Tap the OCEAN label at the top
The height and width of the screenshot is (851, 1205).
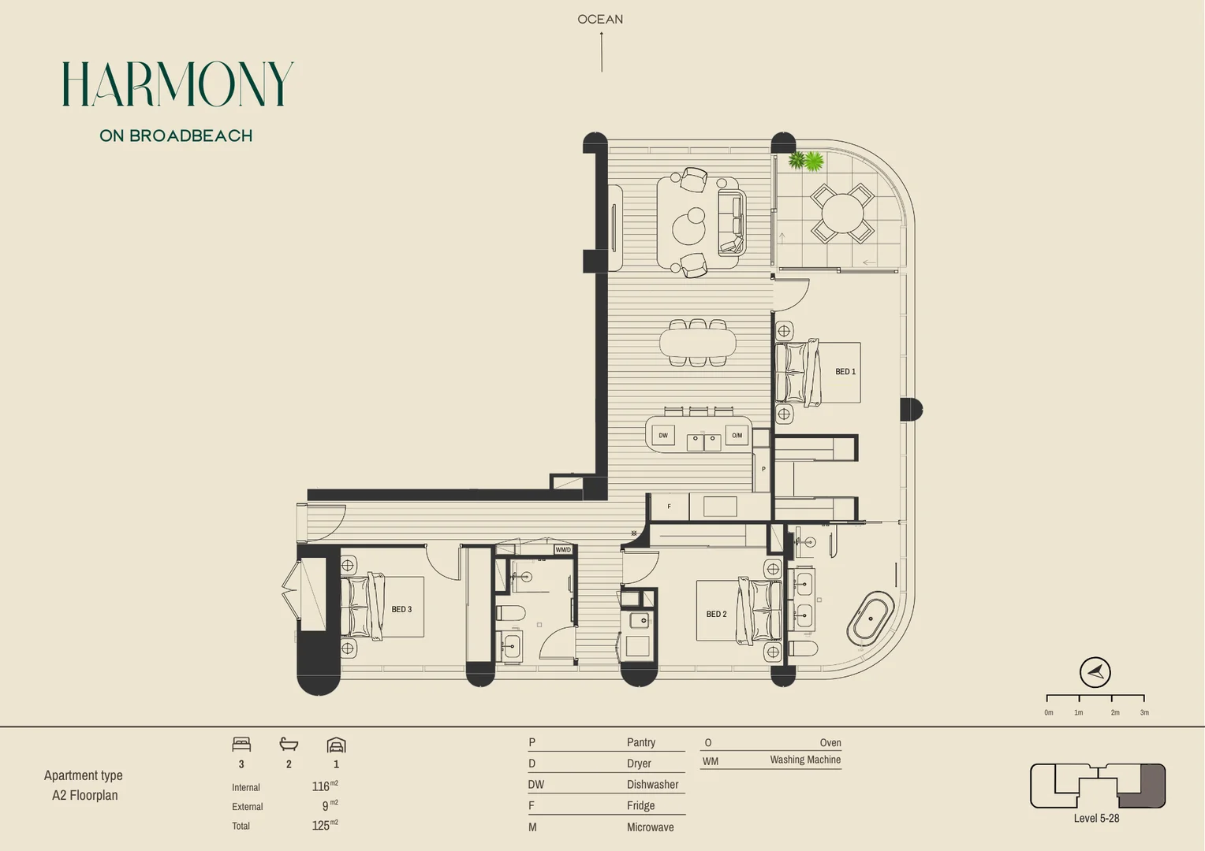pos(600,19)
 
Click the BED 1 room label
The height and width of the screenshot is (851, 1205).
pos(845,371)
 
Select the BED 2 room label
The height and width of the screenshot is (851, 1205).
pos(716,614)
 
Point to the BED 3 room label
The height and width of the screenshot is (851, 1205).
pos(401,609)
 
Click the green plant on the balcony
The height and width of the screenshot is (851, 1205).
pos(806,161)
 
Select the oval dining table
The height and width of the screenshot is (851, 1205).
pos(697,343)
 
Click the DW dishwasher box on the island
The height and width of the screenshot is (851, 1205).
pos(663,435)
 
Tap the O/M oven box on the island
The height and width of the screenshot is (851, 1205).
pos(737,435)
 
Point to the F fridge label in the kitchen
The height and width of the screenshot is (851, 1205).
pos(669,507)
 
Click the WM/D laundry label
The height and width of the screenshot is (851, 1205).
pos(562,549)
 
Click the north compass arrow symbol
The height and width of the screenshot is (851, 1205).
pos(1095,672)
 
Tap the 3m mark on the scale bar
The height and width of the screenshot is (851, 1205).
pos(1143,712)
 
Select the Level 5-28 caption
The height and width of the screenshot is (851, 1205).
pos(1096,818)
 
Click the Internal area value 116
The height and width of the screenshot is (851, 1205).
pos(321,786)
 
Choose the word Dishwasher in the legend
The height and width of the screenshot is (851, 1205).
pos(652,784)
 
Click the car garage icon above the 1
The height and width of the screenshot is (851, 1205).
pos(336,745)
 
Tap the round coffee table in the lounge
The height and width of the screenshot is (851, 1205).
pos(690,225)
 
